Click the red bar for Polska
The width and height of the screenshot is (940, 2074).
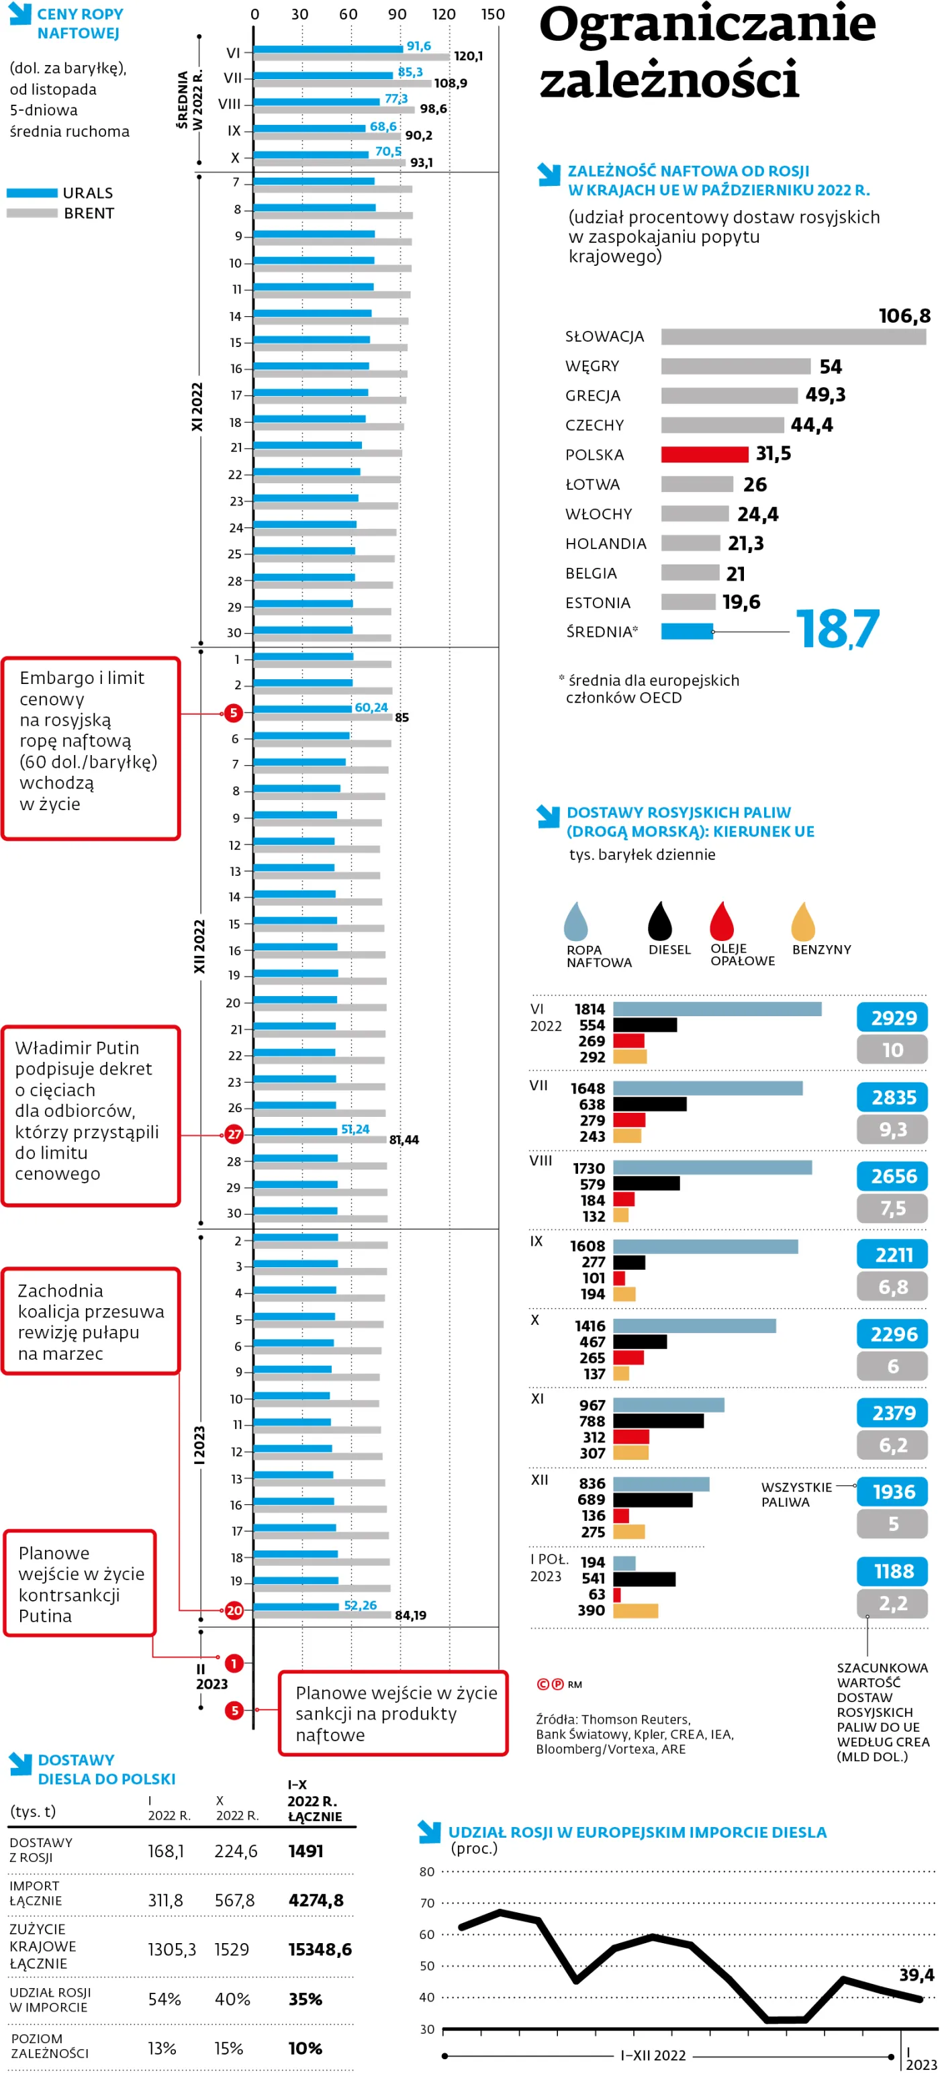pyautogui.click(x=704, y=454)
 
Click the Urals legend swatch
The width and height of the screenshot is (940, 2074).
pyautogui.click(x=32, y=193)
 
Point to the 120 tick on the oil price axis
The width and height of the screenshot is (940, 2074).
pyautogui.click(x=444, y=15)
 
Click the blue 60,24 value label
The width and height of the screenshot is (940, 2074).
pyautogui.click(x=371, y=707)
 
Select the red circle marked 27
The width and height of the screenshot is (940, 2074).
pyautogui.click(x=234, y=1134)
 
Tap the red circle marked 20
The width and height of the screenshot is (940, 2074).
pyautogui.click(x=234, y=1610)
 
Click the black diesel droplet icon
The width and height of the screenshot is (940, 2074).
pyautogui.click(x=660, y=920)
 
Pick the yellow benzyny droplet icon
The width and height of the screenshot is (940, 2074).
pyautogui.click(x=803, y=920)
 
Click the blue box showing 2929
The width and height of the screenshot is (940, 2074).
pyautogui.click(x=892, y=1018)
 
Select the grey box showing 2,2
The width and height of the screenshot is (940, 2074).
pyautogui.click(x=892, y=1603)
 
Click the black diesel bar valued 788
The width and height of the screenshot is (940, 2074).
pyautogui.click(x=658, y=1421)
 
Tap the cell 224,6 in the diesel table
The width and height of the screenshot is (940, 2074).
pyautogui.click(x=235, y=1851)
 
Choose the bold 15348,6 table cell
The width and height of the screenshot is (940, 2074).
pyautogui.click(x=320, y=1949)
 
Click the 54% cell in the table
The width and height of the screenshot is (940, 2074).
pyautogui.click(x=164, y=1999)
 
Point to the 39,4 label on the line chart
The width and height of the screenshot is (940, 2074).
pyautogui.click(x=916, y=1974)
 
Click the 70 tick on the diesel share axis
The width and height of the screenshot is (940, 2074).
pyautogui.click(x=427, y=1904)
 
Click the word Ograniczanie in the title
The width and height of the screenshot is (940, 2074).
pyautogui.click(x=706, y=24)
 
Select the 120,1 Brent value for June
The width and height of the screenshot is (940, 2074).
pyautogui.click(x=468, y=56)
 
